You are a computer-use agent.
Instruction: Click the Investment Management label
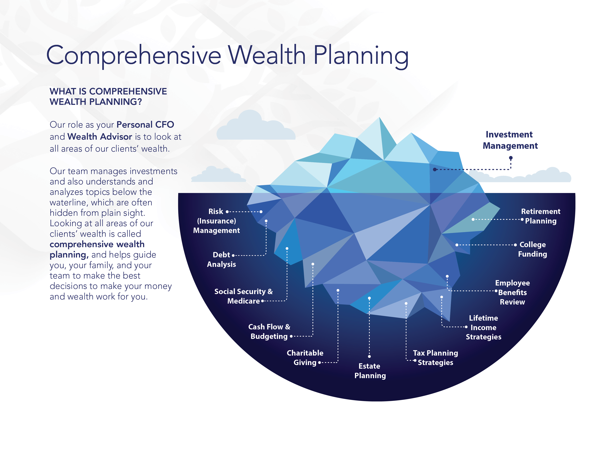(x=510, y=140)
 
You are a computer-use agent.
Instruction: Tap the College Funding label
(x=532, y=249)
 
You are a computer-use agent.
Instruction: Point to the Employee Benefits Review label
(x=512, y=292)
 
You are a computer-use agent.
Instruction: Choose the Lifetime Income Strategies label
(x=483, y=327)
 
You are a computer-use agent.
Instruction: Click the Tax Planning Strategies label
(x=435, y=358)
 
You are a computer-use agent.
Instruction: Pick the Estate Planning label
(x=370, y=371)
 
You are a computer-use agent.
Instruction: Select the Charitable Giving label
(x=305, y=358)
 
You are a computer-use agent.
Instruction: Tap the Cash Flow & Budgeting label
(x=269, y=331)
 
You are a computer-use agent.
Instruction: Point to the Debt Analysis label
(x=221, y=259)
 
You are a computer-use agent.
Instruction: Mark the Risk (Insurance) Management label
(x=216, y=221)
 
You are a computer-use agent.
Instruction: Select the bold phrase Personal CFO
(x=145, y=125)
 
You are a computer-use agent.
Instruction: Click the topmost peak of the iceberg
(x=379, y=118)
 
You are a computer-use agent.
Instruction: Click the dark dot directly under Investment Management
(x=511, y=158)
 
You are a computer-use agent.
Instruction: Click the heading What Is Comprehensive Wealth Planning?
(x=108, y=96)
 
